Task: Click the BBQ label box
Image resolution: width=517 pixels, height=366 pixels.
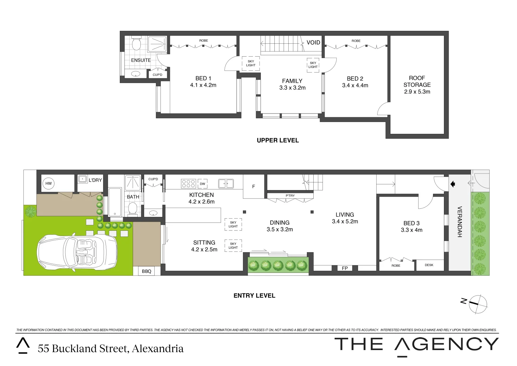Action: coord(147,271)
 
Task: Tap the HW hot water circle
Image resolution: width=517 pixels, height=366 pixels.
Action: coord(48,183)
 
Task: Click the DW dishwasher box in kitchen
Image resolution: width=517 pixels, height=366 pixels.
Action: coord(202,184)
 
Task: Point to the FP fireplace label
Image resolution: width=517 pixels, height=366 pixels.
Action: coord(345,268)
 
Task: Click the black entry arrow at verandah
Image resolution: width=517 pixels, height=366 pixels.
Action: coord(453,184)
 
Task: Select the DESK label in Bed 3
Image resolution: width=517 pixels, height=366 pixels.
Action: coord(429,265)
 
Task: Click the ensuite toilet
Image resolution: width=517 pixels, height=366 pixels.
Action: coord(136,44)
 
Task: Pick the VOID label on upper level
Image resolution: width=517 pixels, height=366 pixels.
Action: coord(313,42)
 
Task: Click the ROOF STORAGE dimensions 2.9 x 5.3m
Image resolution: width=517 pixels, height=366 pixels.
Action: coord(417,91)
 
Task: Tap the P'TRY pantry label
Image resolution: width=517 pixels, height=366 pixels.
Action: coord(290,196)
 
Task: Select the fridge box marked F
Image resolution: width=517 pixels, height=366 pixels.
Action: coord(254,186)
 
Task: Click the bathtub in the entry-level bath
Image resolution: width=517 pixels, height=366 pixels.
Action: coord(115,202)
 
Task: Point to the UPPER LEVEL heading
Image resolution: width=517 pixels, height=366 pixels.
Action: coord(278,140)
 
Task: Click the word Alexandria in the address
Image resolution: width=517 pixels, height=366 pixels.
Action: coord(158,348)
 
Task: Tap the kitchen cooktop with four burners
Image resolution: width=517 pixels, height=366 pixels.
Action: coord(188,183)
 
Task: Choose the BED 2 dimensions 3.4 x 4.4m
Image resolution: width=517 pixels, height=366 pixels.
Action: coord(355,85)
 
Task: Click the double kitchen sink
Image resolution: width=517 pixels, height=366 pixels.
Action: coord(226,183)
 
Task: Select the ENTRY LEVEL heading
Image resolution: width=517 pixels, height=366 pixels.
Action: coord(254,296)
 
